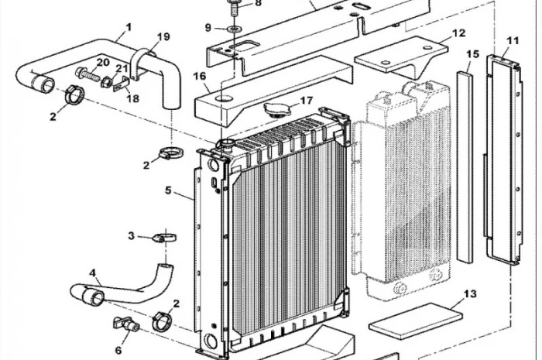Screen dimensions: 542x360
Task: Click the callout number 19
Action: pyautogui.click(x=163, y=36)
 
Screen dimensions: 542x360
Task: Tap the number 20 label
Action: pyautogui.click(x=103, y=63)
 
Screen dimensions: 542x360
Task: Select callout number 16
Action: pyautogui.click(x=200, y=76)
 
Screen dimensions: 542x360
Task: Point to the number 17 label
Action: pyautogui.click(x=307, y=101)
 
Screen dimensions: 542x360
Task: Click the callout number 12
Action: pyautogui.click(x=458, y=33)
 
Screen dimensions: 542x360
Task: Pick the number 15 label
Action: pyautogui.click(x=472, y=54)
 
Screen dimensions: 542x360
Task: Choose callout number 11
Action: pyautogui.click(x=513, y=41)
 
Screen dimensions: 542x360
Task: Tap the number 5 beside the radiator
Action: pyautogui.click(x=168, y=190)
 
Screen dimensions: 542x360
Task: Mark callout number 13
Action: pyautogui.click(x=470, y=294)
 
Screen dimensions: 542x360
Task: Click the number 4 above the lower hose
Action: pyautogui.click(x=92, y=273)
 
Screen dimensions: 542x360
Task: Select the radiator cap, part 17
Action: pyautogui.click(x=277, y=109)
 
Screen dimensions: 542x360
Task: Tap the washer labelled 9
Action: pyautogui.click(x=235, y=28)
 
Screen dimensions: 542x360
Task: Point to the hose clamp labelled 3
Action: pyautogui.click(x=164, y=238)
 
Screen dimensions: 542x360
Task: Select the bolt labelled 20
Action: pyautogui.click(x=87, y=74)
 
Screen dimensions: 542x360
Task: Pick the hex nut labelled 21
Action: pyautogui.click(x=107, y=83)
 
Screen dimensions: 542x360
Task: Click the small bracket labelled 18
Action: pyautogui.click(x=121, y=84)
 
